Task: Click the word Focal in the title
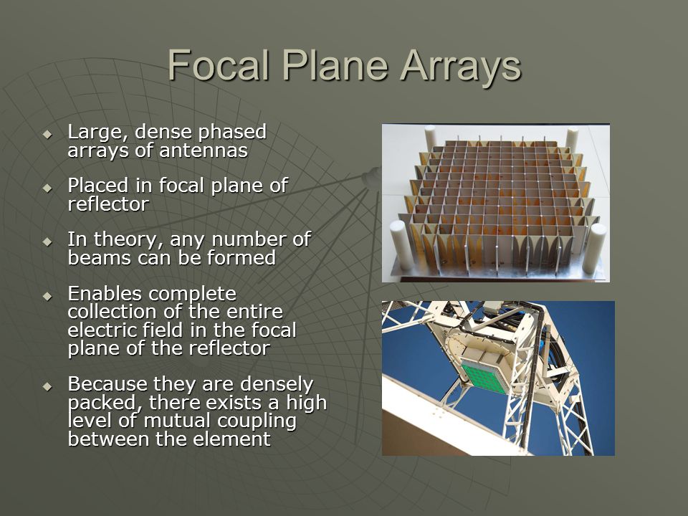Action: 218,65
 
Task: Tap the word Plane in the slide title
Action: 335,65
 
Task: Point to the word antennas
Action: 204,151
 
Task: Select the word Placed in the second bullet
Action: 98,186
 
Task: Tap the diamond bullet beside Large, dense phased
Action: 47,134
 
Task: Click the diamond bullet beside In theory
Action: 47,242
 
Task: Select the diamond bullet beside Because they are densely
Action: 47,386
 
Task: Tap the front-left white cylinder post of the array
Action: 401,245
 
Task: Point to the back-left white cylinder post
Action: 430,138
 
